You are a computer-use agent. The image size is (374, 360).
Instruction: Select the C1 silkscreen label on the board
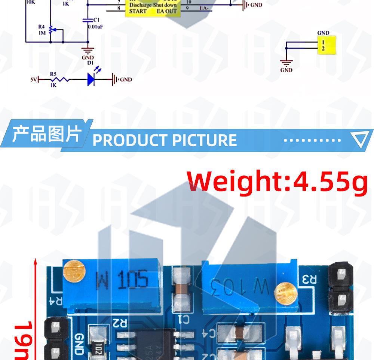pos(184,319)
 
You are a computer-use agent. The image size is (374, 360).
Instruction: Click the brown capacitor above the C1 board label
pos(181,289)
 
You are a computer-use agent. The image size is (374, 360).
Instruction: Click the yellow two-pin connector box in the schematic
pos(327,45)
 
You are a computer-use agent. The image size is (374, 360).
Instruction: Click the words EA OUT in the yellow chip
pos(166,11)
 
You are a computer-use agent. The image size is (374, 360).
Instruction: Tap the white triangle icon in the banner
pos(361,139)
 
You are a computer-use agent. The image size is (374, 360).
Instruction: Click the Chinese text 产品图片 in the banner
pos(46,134)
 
